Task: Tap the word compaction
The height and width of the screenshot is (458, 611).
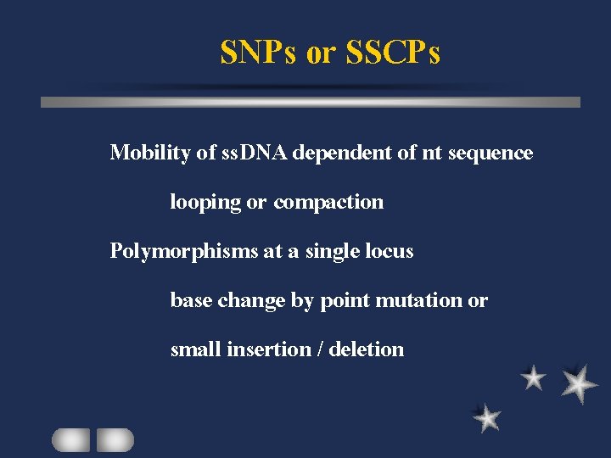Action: pos(328,203)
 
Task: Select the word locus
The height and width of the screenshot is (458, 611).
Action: pos(390,252)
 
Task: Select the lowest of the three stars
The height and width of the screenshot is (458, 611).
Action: pos(487,417)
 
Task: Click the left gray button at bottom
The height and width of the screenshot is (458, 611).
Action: pos(70,439)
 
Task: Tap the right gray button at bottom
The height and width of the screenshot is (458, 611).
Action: pos(115,439)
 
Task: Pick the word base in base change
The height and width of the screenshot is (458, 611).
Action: pos(190,300)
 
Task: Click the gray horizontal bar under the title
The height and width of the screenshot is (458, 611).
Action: pos(311,102)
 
